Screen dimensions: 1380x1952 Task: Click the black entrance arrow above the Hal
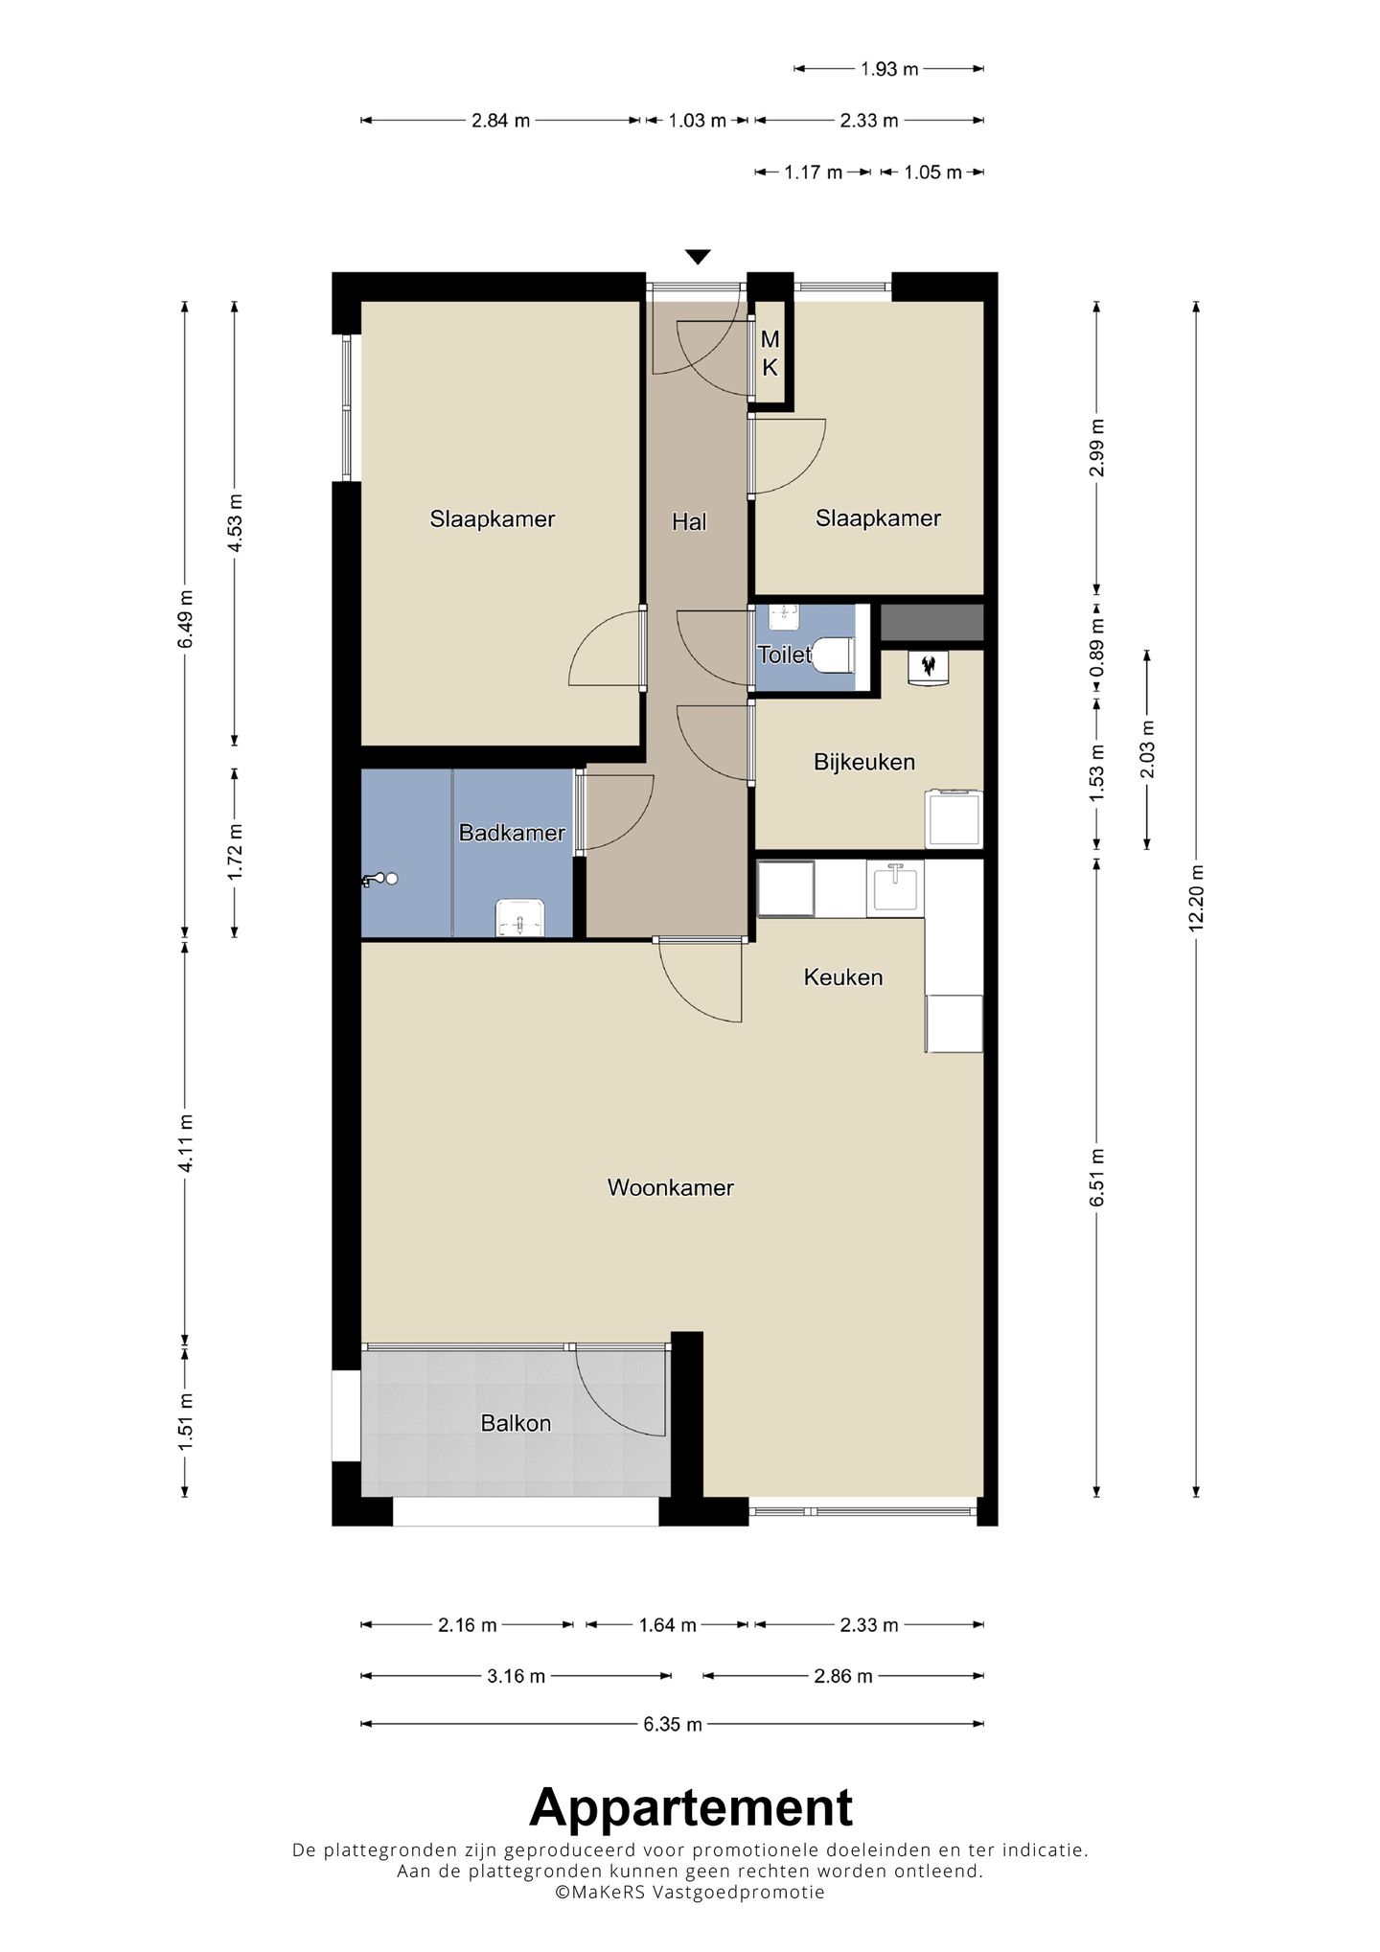click(x=698, y=257)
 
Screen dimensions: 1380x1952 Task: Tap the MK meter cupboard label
click(x=770, y=353)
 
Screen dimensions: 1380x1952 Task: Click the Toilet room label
click(x=784, y=655)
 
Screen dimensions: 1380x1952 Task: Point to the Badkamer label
click(x=512, y=833)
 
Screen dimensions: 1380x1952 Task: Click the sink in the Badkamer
click(x=519, y=917)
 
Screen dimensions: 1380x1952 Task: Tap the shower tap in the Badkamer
click(x=379, y=880)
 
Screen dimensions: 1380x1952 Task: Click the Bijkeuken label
click(x=864, y=762)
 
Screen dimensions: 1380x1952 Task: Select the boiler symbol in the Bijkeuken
click(x=928, y=667)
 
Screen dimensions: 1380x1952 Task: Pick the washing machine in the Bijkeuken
click(x=954, y=818)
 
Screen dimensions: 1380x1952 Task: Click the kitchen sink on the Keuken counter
click(x=895, y=888)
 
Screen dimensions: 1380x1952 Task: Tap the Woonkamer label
click(x=671, y=1188)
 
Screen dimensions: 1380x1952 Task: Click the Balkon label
click(x=516, y=1424)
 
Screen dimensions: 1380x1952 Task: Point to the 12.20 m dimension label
click(x=1196, y=898)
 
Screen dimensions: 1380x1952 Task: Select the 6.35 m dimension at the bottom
click(x=673, y=1724)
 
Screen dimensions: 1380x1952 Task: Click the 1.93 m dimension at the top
click(x=889, y=69)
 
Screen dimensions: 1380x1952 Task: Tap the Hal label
click(x=689, y=522)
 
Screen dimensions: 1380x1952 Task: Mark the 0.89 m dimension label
click(x=1097, y=647)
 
